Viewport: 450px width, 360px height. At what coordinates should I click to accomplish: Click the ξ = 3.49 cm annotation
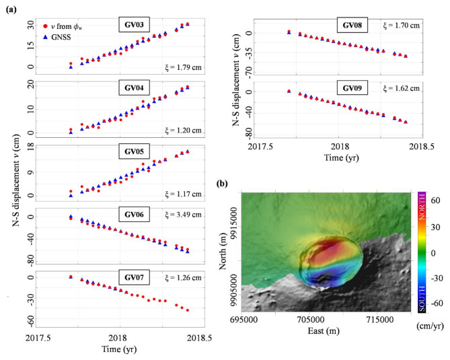tap(188, 215)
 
